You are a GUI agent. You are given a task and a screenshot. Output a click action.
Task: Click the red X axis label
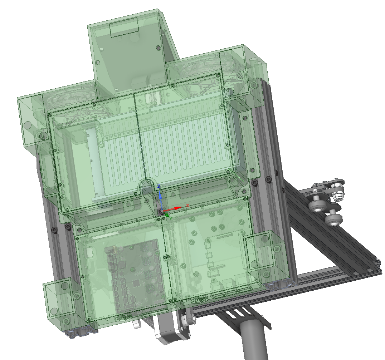point(187,206)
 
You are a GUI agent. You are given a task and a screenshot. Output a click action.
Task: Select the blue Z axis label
point(159,187)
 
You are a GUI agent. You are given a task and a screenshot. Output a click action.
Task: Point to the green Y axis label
point(170,218)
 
